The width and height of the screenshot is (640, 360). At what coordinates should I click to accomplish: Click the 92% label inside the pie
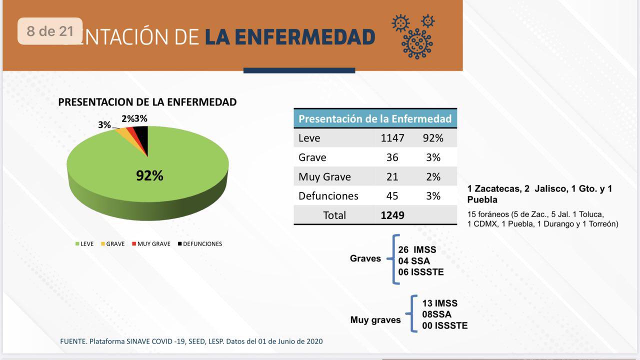[149, 175]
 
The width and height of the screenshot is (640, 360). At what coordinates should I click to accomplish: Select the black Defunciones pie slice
[142, 135]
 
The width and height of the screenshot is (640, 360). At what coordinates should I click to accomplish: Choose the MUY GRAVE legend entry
[151, 244]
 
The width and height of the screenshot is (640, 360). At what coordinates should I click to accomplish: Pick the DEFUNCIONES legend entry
[199, 244]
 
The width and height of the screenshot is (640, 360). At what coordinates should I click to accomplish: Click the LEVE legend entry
[84, 244]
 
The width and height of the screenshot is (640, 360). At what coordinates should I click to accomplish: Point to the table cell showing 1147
[392, 138]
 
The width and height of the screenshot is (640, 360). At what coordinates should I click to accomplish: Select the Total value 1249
[392, 215]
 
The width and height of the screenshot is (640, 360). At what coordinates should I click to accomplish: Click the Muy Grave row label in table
[324, 177]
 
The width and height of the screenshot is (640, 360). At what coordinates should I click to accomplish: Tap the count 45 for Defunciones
[392, 196]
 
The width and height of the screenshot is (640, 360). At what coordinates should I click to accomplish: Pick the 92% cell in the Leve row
[433, 138]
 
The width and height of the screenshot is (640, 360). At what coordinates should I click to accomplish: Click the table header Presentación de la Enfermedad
[375, 119]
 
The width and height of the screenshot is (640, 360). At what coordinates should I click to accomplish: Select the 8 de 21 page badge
[50, 31]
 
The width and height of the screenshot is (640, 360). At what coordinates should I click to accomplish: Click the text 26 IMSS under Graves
[417, 249]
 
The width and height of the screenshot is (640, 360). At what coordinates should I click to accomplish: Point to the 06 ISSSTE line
[421, 272]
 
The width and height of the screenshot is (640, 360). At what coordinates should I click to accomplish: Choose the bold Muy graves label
[375, 320]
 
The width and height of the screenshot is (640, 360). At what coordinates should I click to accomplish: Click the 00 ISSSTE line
[445, 325]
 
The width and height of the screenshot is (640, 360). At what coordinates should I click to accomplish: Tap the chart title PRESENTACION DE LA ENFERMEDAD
[147, 102]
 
